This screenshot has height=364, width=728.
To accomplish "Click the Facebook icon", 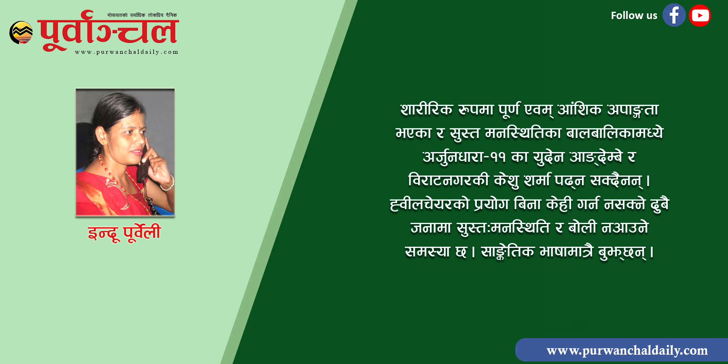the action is coord(674,15).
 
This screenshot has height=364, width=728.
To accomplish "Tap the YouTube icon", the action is coord(700,15).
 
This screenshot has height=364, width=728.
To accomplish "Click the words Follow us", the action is coord(634,15).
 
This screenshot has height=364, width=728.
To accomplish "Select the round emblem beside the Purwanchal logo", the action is coord(21,32).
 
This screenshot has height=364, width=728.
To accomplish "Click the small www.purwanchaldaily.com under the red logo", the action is coord(127,52).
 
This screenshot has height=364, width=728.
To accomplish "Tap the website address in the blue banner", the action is coord(627,350).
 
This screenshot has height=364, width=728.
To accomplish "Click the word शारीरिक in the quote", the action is coord(426,110).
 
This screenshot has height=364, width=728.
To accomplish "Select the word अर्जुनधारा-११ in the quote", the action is coord(464,157).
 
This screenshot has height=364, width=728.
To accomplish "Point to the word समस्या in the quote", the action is coord(427,252).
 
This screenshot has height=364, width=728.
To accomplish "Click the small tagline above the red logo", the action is coord(142,15).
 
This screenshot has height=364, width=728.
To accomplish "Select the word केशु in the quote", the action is coord(506,180).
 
